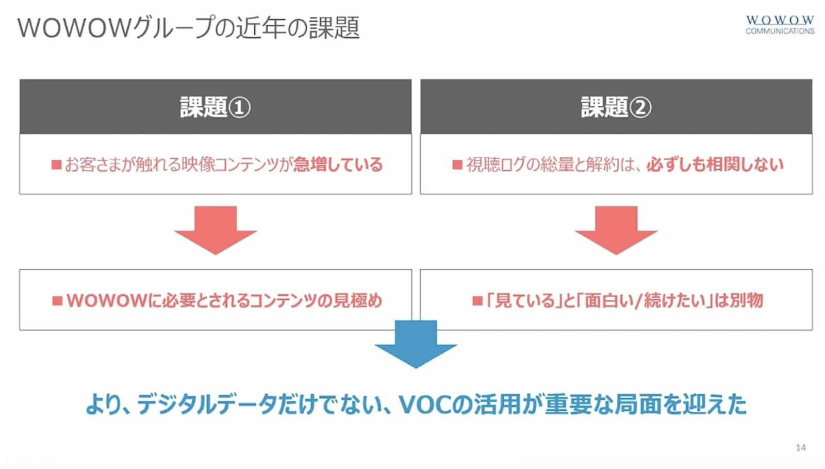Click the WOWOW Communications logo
click(x=780, y=25)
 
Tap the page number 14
click(x=800, y=448)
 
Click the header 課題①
click(x=215, y=107)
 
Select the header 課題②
click(x=616, y=107)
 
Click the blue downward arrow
click(x=416, y=344)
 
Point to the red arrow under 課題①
click(x=216, y=230)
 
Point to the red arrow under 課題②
click(x=616, y=230)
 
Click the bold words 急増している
click(x=338, y=164)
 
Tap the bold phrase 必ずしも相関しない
click(x=715, y=164)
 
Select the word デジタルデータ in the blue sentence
click(x=207, y=405)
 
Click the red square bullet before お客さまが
click(x=56, y=165)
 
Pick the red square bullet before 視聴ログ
click(x=457, y=165)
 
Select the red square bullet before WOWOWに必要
click(x=57, y=301)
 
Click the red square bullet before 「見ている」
click(x=477, y=301)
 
